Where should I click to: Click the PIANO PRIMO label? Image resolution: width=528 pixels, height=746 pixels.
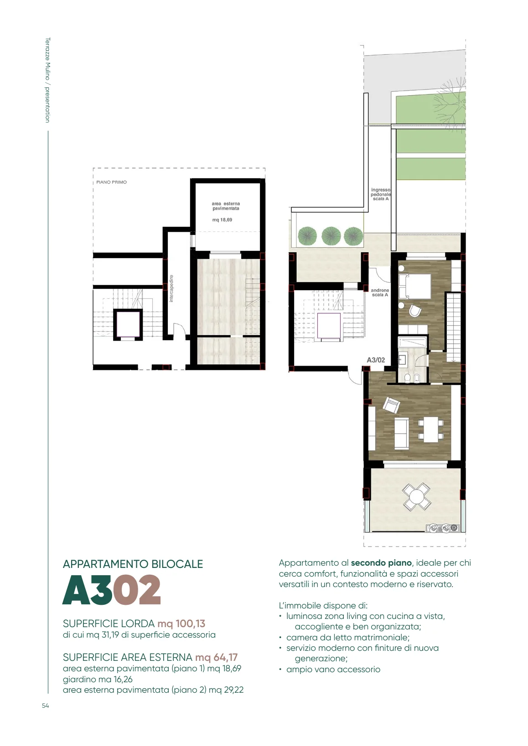[x=111, y=182]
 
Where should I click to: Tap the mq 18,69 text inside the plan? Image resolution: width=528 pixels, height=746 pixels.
[x=222, y=220]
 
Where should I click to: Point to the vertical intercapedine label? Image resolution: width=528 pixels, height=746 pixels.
[x=171, y=288]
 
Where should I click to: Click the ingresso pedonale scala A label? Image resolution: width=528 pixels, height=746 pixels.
[x=381, y=194]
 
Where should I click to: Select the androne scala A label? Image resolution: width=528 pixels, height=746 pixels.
[x=380, y=292]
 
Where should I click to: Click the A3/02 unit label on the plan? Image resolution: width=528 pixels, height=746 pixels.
[x=376, y=360]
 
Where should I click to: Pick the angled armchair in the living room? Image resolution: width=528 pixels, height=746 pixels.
[x=391, y=405]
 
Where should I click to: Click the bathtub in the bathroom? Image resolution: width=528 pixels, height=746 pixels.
[x=413, y=342]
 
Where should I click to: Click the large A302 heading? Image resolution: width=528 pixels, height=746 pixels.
[x=112, y=589]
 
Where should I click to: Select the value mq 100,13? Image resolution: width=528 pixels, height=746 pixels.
[x=181, y=623]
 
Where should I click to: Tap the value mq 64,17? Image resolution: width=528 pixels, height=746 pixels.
[x=216, y=657]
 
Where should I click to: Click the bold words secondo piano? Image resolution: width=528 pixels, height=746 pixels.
[x=381, y=563]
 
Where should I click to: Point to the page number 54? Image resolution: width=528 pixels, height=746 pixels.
[x=45, y=705]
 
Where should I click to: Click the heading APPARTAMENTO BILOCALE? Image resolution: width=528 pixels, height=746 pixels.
[x=133, y=564]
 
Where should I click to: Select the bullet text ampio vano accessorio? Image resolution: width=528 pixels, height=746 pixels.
[x=333, y=669]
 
